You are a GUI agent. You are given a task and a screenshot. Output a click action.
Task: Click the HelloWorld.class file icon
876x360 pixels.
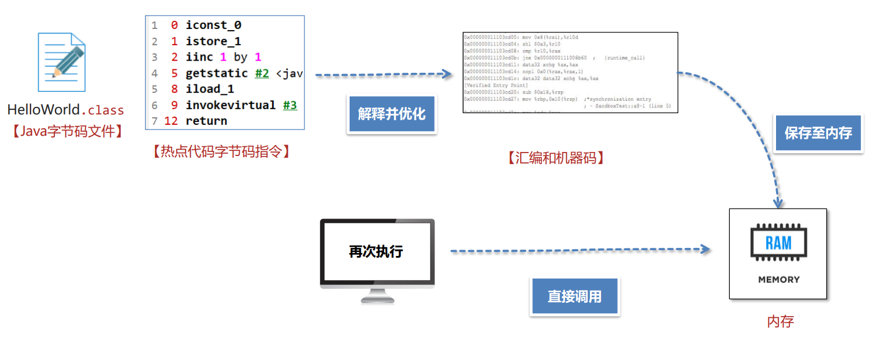(61, 62)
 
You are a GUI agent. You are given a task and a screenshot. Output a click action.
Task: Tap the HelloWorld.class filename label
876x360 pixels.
(65, 110)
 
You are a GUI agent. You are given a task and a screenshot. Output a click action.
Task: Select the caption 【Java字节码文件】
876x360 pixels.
(66, 131)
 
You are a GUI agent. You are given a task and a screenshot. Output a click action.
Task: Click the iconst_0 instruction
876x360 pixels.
(213, 25)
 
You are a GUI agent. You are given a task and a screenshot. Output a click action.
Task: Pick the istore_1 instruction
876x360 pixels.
(213, 42)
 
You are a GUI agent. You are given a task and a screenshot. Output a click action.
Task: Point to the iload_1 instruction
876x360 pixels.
(210, 89)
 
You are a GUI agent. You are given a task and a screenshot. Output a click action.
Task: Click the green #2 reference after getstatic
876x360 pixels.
(262, 73)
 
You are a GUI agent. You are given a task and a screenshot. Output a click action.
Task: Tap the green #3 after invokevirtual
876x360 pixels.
(290, 105)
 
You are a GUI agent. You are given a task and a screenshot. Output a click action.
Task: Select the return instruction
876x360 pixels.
(206, 121)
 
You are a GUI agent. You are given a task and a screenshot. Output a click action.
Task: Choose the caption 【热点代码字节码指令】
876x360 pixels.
(221, 151)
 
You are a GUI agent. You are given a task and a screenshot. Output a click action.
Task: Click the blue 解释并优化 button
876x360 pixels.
(392, 114)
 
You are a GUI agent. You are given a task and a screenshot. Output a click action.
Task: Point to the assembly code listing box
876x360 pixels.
(570, 72)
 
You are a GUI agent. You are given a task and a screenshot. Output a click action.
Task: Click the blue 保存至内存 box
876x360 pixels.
(818, 133)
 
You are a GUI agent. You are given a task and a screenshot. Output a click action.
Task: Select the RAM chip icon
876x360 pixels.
(778, 243)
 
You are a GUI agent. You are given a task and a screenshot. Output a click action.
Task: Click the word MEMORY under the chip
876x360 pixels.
(778, 280)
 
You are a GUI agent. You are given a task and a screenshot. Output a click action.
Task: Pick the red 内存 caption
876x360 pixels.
(780, 321)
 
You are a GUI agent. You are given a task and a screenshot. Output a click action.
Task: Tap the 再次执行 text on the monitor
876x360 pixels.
(376, 251)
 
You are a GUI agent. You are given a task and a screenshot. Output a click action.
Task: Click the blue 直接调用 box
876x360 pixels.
(574, 297)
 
